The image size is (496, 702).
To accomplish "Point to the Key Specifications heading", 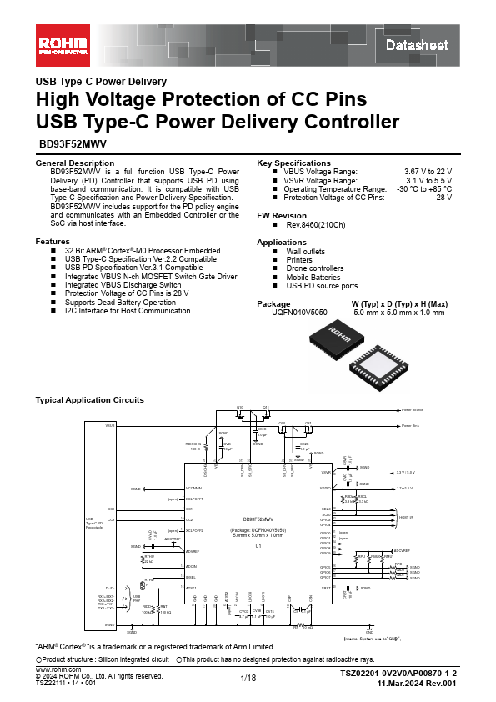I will point(294,163).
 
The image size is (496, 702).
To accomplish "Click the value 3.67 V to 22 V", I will point(428,171).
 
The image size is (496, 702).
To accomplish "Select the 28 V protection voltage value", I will point(444,198).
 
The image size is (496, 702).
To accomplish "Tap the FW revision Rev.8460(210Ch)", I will point(316,225).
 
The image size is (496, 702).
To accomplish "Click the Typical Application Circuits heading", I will point(89,400).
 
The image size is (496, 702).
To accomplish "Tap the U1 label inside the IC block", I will point(258,546).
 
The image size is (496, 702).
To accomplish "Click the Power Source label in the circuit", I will point(412,410).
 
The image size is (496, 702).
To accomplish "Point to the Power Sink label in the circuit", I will point(409,425).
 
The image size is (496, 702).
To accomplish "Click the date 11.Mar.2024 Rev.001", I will point(417,683).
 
